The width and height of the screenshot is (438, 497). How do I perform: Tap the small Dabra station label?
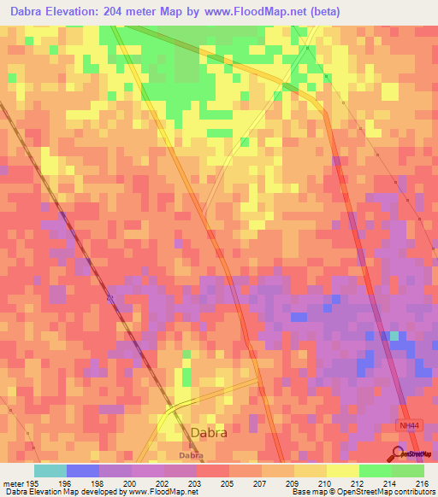pos(192,456)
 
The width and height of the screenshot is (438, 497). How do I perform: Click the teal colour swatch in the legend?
pos(50,471)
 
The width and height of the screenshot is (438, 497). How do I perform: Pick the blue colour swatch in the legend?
pos(83,471)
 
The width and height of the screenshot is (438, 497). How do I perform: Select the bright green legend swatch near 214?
pos(376,471)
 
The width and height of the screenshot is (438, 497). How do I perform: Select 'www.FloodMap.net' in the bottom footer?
pos(160,492)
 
